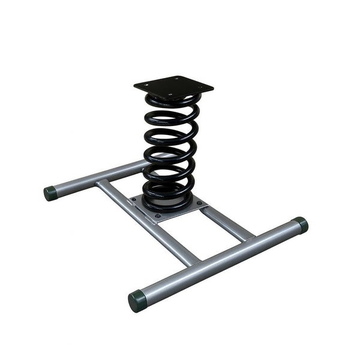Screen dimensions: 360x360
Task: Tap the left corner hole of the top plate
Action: tap(146, 85)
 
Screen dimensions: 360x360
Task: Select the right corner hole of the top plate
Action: tap(200, 87)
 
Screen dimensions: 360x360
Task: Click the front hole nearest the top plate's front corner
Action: tap(170, 94)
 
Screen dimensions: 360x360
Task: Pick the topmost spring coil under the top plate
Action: tap(172, 103)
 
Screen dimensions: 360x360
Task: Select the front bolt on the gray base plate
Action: tap(158, 215)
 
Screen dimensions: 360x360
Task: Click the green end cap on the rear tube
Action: tap(50, 193)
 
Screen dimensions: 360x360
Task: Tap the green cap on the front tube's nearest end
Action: tap(137, 300)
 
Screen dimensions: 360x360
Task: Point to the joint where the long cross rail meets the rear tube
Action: tap(103, 182)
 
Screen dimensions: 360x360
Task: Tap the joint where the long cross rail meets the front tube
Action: tap(191, 259)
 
